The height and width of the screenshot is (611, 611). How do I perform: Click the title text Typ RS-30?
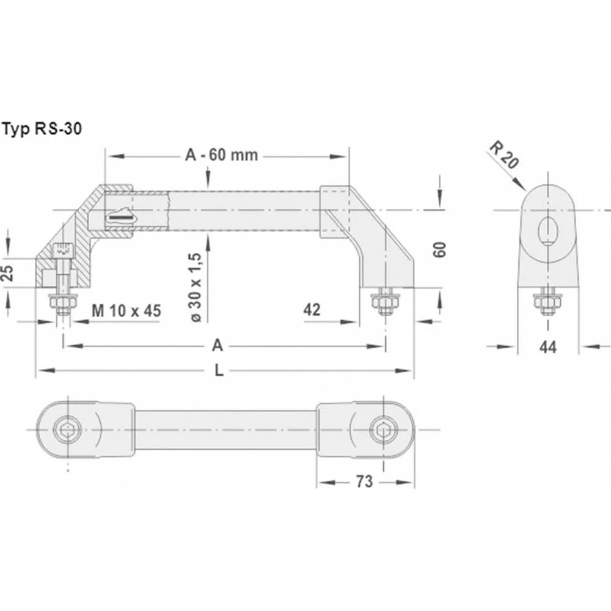click(42, 129)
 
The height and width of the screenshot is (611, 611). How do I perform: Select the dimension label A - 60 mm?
click(221, 155)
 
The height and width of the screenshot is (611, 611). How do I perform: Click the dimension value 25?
click(8, 272)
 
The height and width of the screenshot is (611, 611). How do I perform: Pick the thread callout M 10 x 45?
click(126, 310)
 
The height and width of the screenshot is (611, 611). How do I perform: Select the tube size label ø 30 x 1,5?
click(196, 287)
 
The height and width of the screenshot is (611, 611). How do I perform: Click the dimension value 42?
click(312, 310)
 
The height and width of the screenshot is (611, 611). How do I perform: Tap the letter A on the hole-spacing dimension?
click(217, 346)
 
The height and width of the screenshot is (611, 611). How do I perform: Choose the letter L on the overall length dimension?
click(219, 370)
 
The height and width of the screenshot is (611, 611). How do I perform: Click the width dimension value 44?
click(548, 346)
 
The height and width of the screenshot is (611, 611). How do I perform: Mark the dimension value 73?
click(364, 481)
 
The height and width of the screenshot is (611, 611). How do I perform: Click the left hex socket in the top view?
click(67, 430)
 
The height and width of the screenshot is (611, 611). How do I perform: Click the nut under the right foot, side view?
click(384, 301)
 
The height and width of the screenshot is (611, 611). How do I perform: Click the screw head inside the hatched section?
click(62, 250)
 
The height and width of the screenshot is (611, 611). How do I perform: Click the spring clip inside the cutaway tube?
click(120, 215)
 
